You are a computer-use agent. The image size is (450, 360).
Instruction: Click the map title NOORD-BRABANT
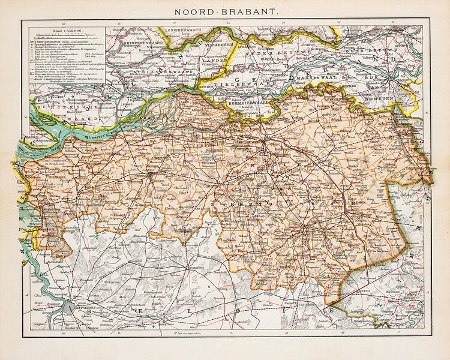225,11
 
